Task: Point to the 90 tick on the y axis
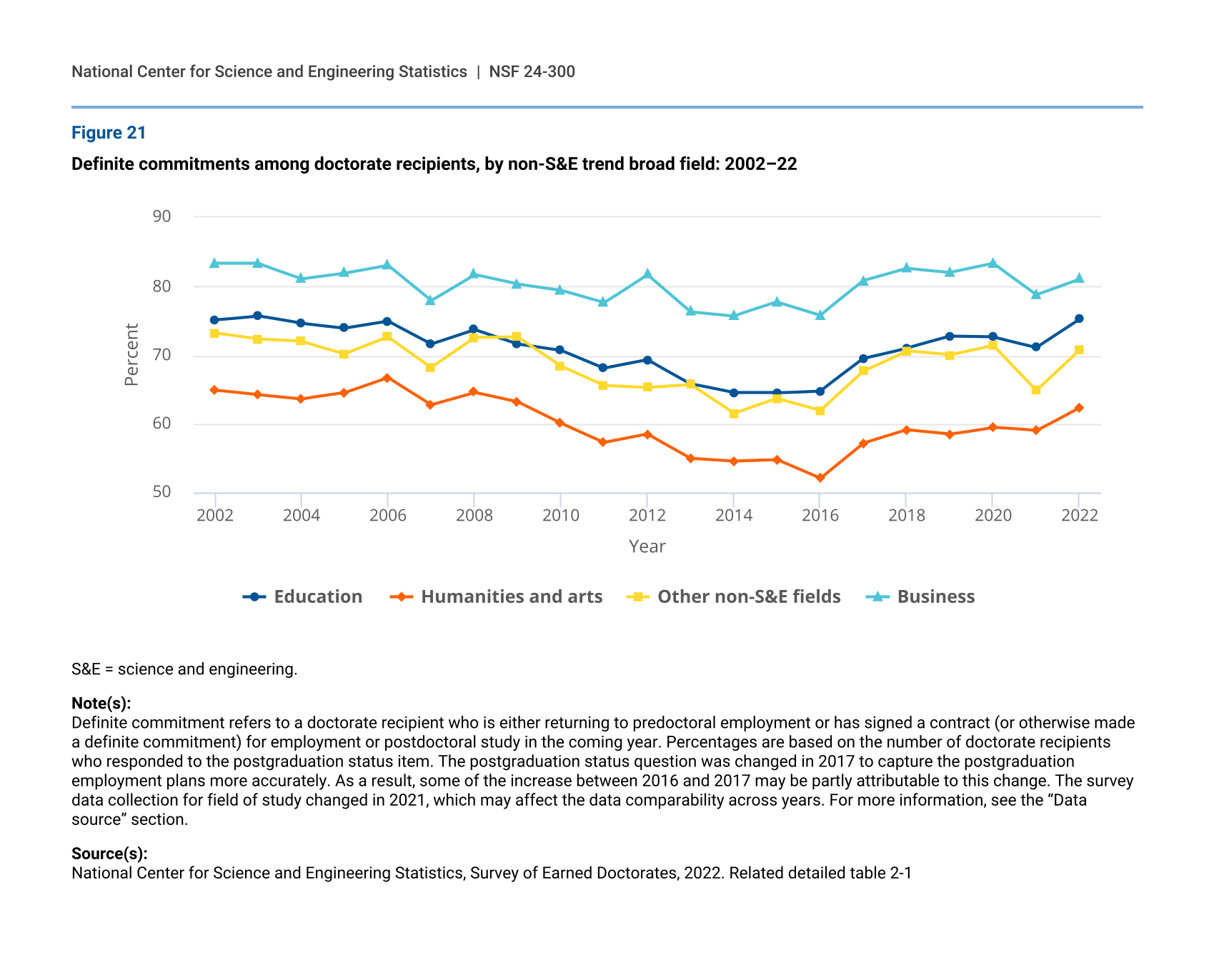(x=162, y=216)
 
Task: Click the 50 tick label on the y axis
(x=162, y=492)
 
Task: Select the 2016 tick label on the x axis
(x=820, y=516)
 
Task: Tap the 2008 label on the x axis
(x=474, y=516)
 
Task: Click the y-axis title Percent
(x=131, y=355)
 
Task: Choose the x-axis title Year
(x=647, y=546)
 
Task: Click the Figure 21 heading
(x=109, y=133)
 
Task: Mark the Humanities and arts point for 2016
(x=820, y=478)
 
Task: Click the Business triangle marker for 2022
(x=1079, y=279)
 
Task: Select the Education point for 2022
(x=1079, y=319)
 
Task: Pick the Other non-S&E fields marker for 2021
(x=1036, y=390)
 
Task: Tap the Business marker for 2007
(x=430, y=301)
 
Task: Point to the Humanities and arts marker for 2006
(x=387, y=378)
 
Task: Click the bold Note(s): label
(x=101, y=703)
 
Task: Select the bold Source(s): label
(x=109, y=854)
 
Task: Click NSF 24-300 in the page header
(x=532, y=71)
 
